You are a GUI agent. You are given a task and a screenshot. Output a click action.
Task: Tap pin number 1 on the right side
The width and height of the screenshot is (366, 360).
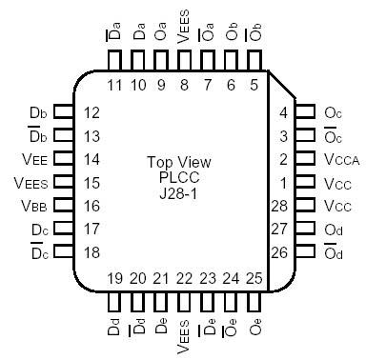282,181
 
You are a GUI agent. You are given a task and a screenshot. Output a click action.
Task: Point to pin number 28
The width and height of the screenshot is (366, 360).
280,205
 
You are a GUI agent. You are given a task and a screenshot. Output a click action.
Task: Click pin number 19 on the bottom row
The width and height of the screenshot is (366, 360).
114,278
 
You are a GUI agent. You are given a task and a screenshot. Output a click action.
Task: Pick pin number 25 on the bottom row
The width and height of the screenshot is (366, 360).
254,278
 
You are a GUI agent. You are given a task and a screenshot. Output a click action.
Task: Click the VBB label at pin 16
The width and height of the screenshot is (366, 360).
32,205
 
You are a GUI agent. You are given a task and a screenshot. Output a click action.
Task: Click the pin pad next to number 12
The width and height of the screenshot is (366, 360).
63,111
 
